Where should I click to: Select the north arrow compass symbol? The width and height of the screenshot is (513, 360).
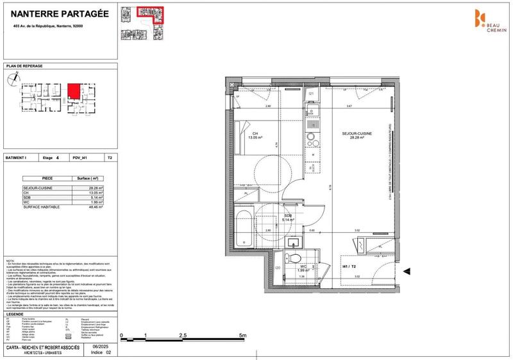coord(12,79)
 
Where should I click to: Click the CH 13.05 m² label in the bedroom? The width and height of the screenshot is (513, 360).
coord(258,135)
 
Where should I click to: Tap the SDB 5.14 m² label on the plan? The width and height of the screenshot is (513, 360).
coord(288,218)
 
